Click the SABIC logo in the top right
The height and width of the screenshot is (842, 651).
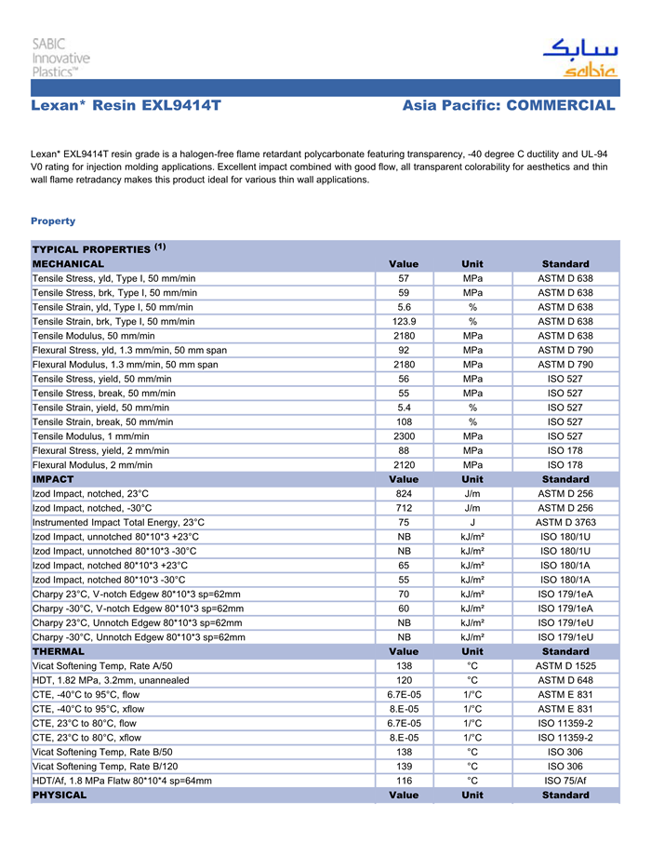pos(579,59)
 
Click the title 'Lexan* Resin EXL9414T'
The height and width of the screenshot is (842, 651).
pos(126,106)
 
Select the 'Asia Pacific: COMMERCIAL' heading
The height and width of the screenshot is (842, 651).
pos(509,106)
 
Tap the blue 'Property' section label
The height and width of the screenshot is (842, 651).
pos(53,221)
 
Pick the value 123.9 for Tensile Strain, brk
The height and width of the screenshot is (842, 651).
pos(404,322)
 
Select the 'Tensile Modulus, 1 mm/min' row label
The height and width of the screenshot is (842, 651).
pos(91,435)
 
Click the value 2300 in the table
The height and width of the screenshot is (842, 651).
pos(404,435)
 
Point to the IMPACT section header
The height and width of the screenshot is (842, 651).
pos(53,479)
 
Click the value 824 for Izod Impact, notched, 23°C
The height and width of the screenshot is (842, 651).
pos(404,494)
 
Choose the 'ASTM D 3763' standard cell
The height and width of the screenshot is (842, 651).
pos(565,523)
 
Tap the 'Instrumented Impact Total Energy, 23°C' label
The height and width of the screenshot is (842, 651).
pos(119,523)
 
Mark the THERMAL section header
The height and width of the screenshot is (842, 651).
pos(59,651)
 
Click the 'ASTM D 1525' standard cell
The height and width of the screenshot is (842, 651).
pos(565,666)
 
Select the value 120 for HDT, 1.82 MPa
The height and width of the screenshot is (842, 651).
pos(404,680)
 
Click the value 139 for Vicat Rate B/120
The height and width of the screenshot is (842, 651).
pos(404,767)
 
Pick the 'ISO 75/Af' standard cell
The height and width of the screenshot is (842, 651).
pos(565,781)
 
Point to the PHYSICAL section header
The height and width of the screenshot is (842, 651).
pos(60,795)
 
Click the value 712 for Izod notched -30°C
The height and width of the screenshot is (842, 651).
pos(404,508)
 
